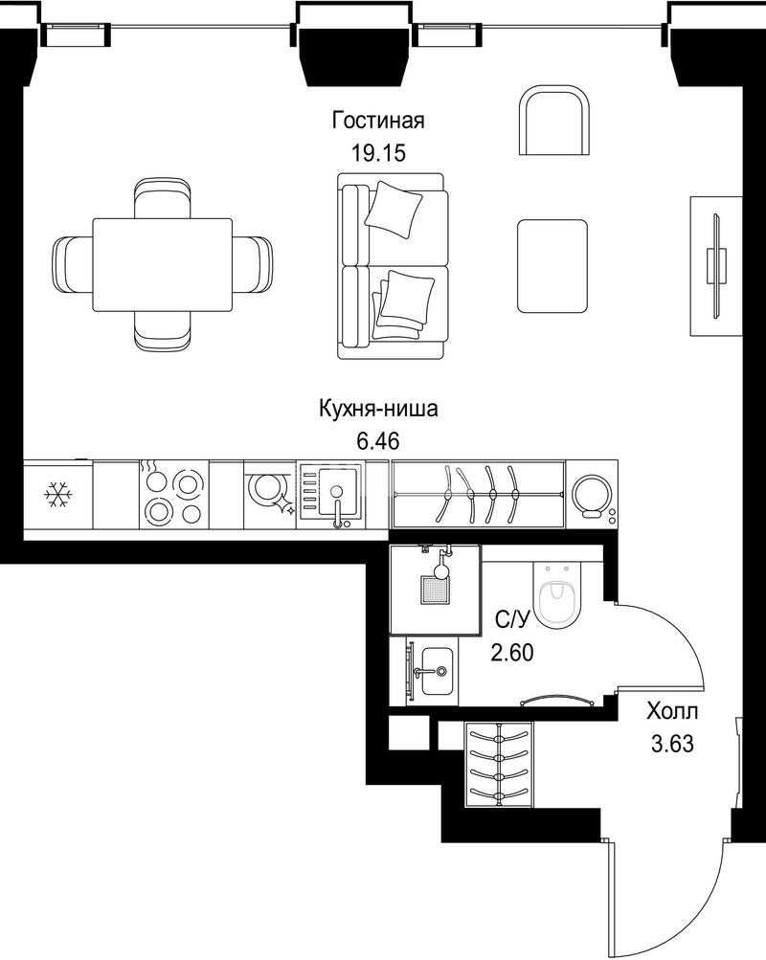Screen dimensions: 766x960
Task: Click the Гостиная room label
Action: (x=378, y=120)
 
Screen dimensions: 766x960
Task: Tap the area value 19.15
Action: (x=378, y=153)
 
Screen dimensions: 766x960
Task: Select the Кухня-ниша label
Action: (x=378, y=409)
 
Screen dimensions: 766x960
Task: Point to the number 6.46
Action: (x=378, y=440)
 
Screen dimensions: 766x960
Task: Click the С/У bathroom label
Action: (x=511, y=621)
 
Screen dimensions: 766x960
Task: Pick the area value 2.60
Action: (x=512, y=653)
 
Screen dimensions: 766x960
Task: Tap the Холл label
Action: (x=672, y=712)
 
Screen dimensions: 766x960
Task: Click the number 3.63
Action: (x=672, y=744)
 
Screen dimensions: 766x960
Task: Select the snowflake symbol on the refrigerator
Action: (x=58, y=494)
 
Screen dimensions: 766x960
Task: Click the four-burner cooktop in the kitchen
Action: (x=173, y=495)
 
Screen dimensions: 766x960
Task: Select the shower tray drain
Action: (x=435, y=589)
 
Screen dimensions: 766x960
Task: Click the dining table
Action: (x=162, y=264)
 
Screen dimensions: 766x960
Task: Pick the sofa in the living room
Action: (x=393, y=266)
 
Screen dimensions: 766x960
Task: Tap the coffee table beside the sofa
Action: (x=552, y=266)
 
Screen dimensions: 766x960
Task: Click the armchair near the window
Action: (x=554, y=120)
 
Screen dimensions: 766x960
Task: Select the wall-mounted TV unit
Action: (x=716, y=266)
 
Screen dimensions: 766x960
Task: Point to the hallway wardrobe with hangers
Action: (x=499, y=765)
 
